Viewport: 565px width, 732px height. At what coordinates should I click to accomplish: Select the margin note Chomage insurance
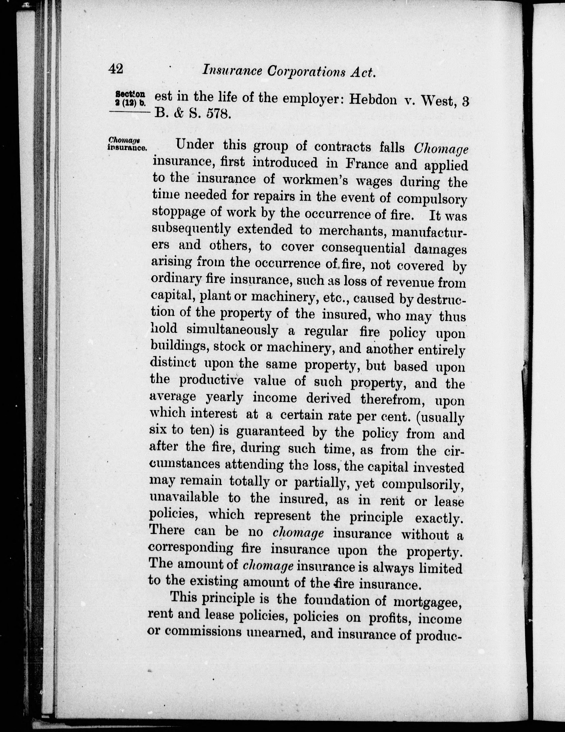[x=127, y=144]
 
